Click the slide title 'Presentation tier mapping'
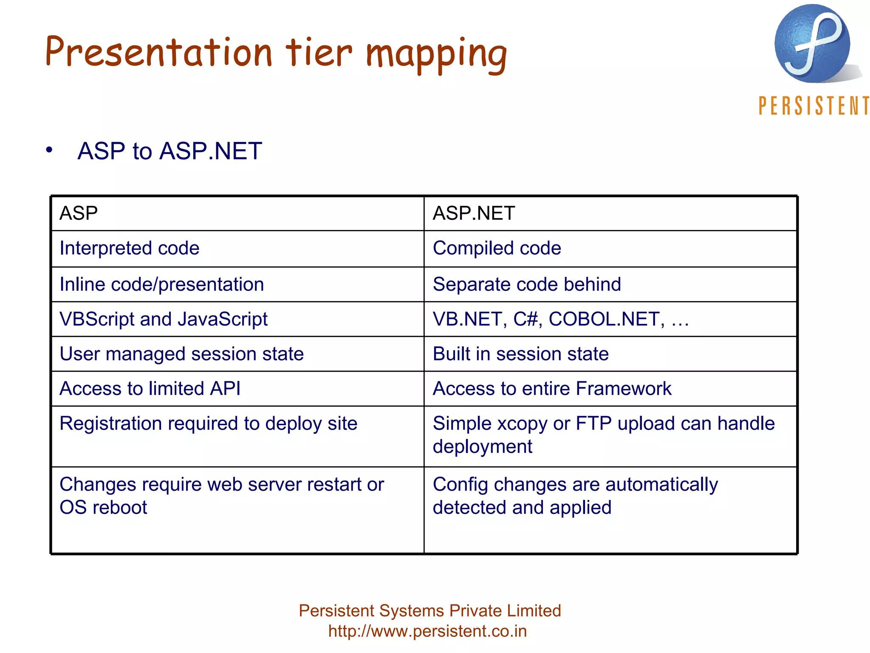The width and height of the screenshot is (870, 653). click(x=276, y=53)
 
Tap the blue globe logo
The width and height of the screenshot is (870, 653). click(x=812, y=43)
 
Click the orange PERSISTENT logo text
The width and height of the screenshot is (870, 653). click(x=814, y=106)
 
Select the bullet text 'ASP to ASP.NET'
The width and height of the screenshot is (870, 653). click(x=169, y=151)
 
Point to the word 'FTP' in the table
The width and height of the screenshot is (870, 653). click(x=593, y=424)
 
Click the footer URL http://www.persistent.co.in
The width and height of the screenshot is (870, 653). click(x=427, y=631)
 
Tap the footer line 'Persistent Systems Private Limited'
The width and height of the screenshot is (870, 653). click(x=430, y=611)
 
